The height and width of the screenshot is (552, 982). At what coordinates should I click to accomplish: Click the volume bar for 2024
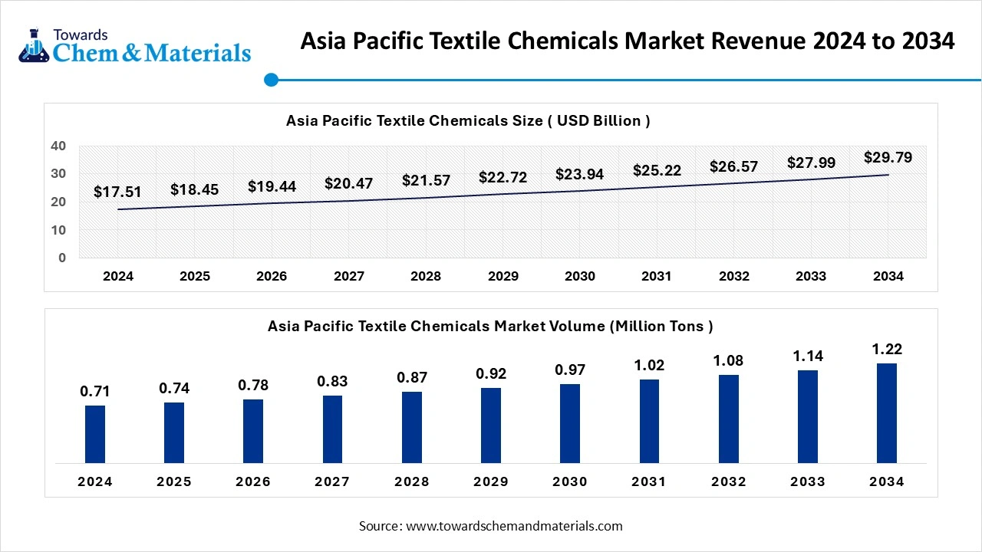pos(95,434)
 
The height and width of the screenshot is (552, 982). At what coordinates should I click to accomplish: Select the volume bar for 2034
pos(887,413)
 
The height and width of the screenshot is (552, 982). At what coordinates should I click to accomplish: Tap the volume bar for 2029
pos(491,426)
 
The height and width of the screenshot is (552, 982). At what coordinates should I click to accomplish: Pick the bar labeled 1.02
pos(649,421)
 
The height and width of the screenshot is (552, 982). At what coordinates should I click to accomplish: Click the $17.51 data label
pos(117,192)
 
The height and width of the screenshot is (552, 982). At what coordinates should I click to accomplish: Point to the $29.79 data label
pos(888,157)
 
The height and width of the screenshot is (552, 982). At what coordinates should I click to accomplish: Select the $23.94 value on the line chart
pos(579,174)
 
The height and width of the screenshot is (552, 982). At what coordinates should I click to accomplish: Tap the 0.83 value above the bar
pos(332,381)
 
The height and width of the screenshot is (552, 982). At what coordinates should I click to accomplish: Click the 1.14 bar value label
pos(808,356)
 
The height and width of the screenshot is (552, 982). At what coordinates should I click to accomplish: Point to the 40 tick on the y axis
pos(59,146)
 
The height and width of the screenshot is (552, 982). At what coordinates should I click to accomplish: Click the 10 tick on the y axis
pos(59,230)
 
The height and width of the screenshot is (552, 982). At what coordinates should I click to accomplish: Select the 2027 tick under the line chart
pos(349,276)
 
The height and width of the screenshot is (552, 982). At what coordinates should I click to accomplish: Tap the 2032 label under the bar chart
pos(728,481)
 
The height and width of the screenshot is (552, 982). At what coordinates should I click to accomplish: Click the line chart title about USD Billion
pos(468,120)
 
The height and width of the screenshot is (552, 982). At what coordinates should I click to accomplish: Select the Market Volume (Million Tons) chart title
pos(490,326)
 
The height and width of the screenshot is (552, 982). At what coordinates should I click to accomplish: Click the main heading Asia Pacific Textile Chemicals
pos(628,41)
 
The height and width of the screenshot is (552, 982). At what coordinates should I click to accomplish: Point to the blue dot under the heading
pos(270,80)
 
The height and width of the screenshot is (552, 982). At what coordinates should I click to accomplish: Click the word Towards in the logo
pos(81,34)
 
